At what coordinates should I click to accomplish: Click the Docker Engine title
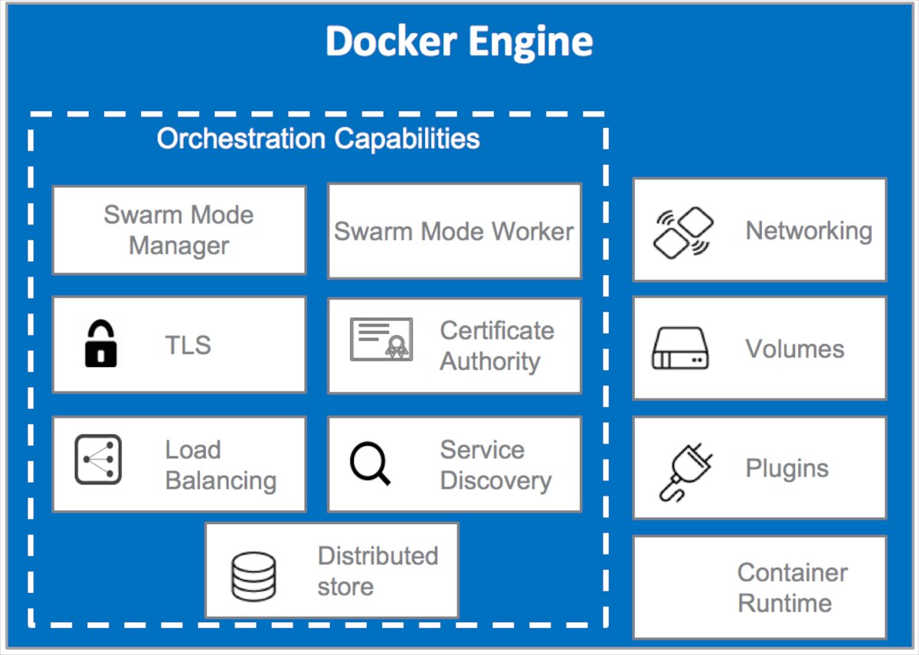click(459, 41)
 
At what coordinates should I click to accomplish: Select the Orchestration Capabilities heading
click(318, 139)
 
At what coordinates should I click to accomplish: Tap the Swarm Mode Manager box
click(179, 230)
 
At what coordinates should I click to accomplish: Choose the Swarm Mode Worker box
click(454, 231)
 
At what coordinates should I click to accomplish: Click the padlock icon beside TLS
click(100, 345)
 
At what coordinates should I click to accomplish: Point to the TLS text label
click(188, 346)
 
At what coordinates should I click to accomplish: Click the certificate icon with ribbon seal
click(381, 339)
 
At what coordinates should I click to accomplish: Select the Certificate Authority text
click(496, 346)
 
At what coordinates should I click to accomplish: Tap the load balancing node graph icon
click(99, 460)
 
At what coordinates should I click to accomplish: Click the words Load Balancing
click(221, 465)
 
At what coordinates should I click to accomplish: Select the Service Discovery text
click(495, 465)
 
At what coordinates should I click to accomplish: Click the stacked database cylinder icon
click(253, 575)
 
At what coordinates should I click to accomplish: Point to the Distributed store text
click(378, 571)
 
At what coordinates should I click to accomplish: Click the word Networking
click(809, 231)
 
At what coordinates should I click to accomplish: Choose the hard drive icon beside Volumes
click(680, 349)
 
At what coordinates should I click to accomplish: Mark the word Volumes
click(795, 349)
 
